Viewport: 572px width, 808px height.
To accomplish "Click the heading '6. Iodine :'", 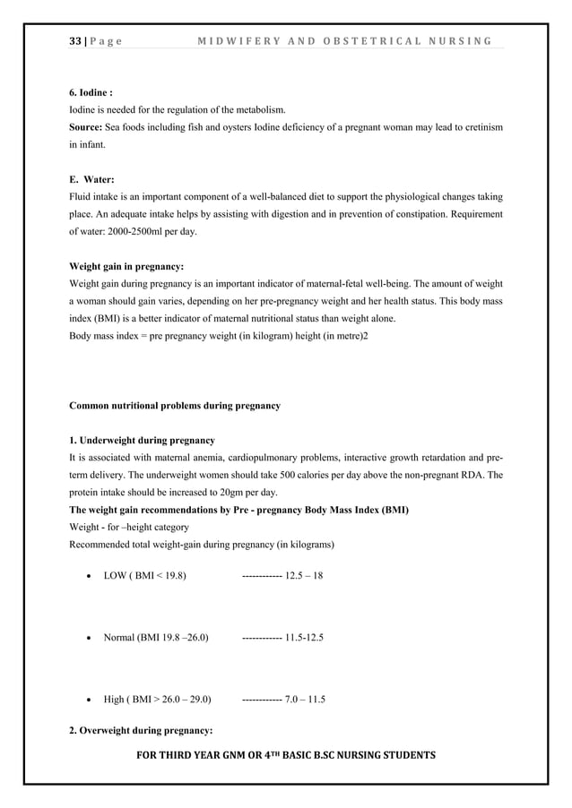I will [92, 91].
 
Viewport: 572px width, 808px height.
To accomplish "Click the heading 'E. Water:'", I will [91, 179].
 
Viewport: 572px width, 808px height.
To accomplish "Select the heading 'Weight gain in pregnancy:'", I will [126, 267].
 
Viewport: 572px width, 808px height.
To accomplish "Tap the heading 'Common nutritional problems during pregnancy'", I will [175, 406].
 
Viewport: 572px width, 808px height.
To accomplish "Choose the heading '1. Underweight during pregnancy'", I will [142, 441].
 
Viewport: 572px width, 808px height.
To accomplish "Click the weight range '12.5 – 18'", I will [303, 574].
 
